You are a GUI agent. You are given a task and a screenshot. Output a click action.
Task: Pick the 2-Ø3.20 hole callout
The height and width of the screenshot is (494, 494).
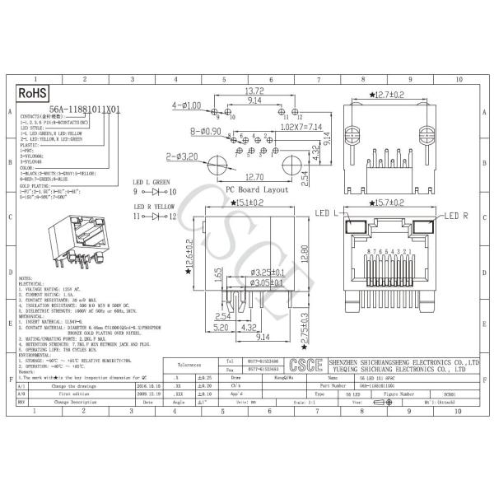click(182, 154)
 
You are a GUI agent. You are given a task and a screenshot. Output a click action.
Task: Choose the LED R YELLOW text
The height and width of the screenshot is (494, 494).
click(154, 206)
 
